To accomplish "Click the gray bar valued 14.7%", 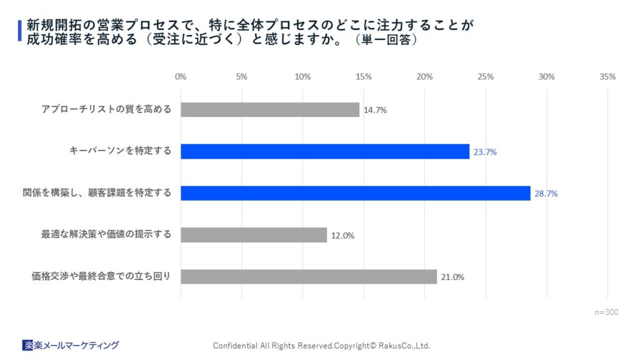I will [x=270, y=110].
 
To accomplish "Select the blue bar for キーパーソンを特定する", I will [x=325, y=152].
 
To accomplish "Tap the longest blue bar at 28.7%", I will [x=356, y=193].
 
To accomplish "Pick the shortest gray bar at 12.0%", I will [x=254, y=235].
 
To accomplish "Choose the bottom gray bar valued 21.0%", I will [x=309, y=277].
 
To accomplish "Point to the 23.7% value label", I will [x=484, y=152].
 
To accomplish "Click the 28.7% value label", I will [x=546, y=194].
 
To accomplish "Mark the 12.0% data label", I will [x=342, y=236].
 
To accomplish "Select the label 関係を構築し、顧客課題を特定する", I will [x=97, y=192].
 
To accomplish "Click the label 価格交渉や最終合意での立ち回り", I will [x=101, y=276].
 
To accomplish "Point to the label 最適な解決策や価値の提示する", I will [x=106, y=234].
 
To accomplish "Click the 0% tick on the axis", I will [x=181, y=76].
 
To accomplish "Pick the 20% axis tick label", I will [x=424, y=76].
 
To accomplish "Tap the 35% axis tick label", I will [x=607, y=76].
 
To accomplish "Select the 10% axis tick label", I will [x=302, y=76].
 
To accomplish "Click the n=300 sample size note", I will [x=606, y=312].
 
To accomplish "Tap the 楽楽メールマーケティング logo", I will [x=70, y=345].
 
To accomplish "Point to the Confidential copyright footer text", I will [x=321, y=346].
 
